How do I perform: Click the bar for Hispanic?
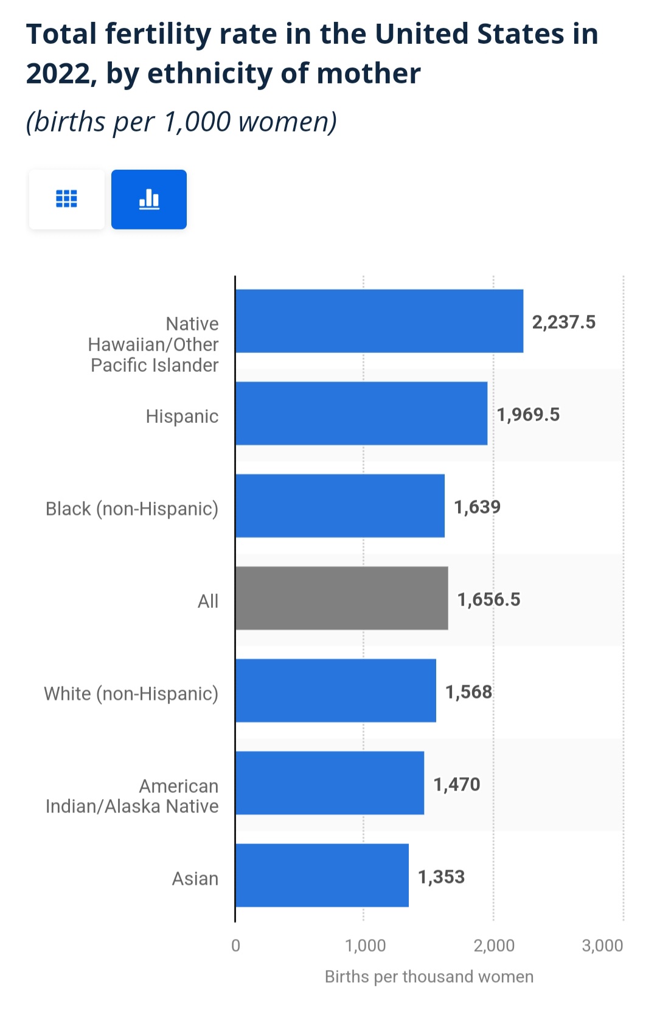coord(361,414)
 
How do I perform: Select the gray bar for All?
coord(341,598)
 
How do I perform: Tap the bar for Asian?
coord(322,875)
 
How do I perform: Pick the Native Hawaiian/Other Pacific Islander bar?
coord(379,321)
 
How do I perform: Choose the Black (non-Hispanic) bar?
coord(339,506)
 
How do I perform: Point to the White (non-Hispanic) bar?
coord(335,691)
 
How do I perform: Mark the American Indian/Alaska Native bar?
coord(329,783)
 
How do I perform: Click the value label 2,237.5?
coord(563,322)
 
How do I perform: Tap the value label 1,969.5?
coord(528,414)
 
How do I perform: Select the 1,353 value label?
coord(441,877)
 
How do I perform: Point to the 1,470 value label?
coord(456,784)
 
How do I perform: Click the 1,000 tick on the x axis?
coord(365,945)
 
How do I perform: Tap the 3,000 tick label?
coord(602,945)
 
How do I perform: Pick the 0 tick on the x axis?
coord(235,945)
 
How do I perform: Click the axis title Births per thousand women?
coord(429,977)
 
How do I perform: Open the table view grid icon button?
coord(66,199)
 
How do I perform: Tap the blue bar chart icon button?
coord(149,199)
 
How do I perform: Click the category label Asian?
coord(195,878)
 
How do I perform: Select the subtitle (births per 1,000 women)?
coord(181,122)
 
